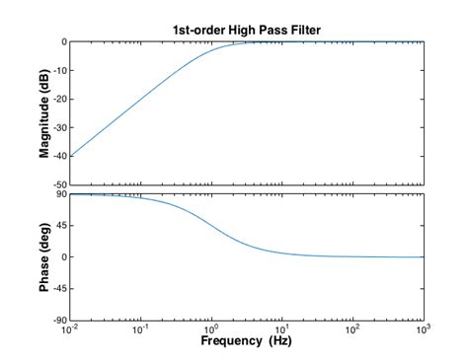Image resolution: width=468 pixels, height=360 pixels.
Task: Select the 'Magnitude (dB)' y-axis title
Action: pos(44,113)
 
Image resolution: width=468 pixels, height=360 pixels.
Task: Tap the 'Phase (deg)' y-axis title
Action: pos(44,257)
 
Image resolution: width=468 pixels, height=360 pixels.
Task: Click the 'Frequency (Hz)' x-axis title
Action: pos(247,341)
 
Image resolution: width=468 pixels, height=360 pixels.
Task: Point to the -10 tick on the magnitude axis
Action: pos(59,70)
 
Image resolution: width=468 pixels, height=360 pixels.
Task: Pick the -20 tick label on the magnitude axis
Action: pos(59,99)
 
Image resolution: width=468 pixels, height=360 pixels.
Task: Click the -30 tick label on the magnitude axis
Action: pos(59,127)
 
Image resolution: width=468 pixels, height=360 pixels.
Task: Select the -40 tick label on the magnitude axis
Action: pos(59,156)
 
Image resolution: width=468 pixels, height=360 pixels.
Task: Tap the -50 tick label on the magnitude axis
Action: pos(59,184)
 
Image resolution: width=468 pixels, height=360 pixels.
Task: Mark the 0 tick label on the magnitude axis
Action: pos(63,42)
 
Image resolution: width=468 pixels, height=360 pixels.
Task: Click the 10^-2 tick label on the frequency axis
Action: pos(70,330)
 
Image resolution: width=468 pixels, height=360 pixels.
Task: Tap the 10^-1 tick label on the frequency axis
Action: pos(140,330)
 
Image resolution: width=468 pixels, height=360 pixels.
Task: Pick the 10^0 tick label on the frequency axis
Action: pos(211,330)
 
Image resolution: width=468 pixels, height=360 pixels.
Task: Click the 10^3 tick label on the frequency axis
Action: pos(423,330)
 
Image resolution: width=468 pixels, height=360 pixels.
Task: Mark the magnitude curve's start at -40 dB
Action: pos(70,156)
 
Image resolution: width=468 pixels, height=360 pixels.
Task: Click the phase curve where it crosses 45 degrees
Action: pos(211,226)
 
